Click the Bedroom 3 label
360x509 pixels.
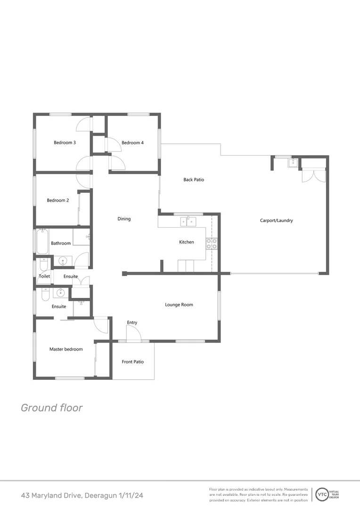(x=65, y=143)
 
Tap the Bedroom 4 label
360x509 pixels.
(x=132, y=143)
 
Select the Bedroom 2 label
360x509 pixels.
(x=58, y=200)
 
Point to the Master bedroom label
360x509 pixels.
(x=66, y=349)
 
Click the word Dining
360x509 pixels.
(x=124, y=219)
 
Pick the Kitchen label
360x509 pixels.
(x=187, y=242)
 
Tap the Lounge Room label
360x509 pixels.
(x=179, y=305)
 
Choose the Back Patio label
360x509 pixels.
(x=194, y=180)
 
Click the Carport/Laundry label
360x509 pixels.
(x=277, y=220)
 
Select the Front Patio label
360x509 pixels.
(x=132, y=362)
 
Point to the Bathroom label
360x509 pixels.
(x=61, y=243)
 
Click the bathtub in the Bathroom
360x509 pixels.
(x=42, y=241)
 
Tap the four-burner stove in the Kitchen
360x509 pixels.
(x=212, y=244)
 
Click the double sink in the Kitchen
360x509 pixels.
(x=188, y=221)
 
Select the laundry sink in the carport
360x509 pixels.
(x=293, y=164)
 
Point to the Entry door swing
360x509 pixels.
(x=133, y=333)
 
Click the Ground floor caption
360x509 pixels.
(x=51, y=408)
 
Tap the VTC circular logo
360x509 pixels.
(x=322, y=494)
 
